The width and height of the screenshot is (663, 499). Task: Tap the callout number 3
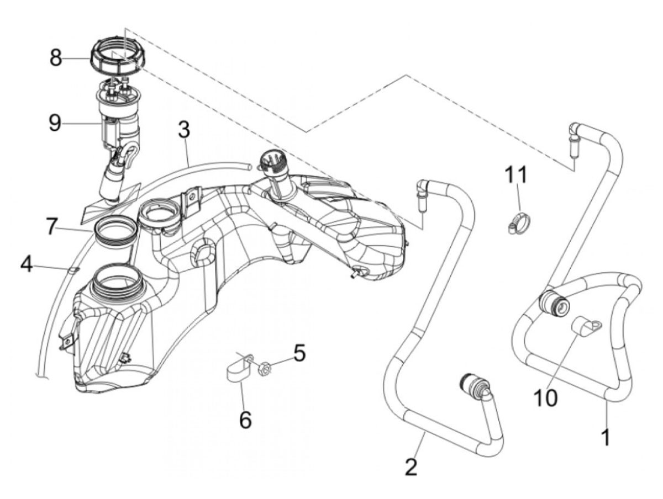[184, 130]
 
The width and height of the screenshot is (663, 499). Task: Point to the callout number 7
[27, 265]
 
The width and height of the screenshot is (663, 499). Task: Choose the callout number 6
[52, 227]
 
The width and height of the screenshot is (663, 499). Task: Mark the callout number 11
[517, 174]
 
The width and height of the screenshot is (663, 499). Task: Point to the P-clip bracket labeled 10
[586, 330]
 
